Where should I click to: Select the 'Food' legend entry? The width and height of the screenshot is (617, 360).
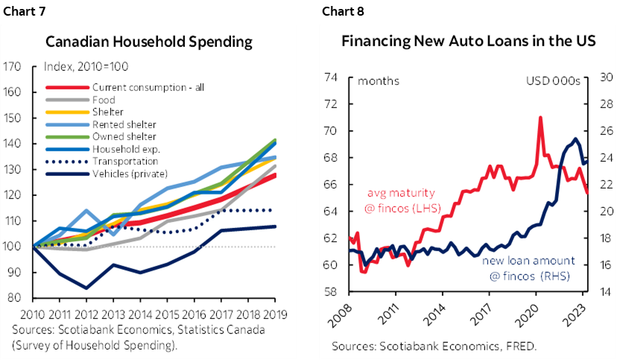[104, 99]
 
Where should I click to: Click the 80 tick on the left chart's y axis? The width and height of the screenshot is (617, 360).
[13, 298]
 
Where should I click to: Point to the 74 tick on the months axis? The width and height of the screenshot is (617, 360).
[332, 78]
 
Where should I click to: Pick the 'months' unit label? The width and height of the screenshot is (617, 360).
[379, 81]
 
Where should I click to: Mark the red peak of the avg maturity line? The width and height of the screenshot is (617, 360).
[539, 117]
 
